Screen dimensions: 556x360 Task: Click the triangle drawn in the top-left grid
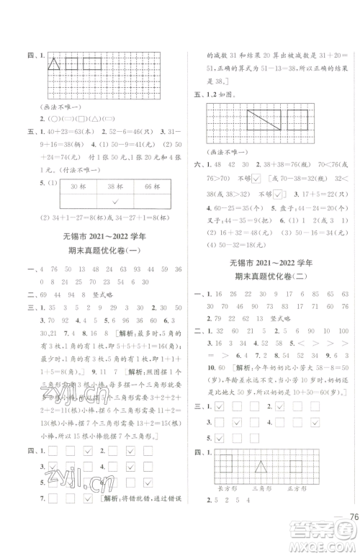point(53,65)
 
